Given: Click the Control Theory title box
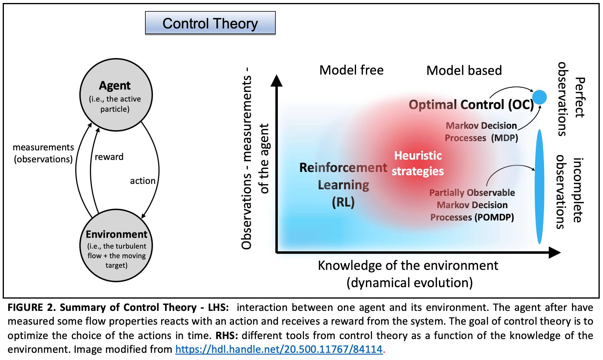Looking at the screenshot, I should [x=210, y=23].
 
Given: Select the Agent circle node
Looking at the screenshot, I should [x=116, y=95].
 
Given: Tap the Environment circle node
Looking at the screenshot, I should [x=116, y=246].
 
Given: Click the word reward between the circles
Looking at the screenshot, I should [x=109, y=157].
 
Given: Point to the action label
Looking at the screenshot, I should [x=143, y=181].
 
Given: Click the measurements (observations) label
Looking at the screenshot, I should [x=43, y=153].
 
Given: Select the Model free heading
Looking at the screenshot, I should [x=351, y=70].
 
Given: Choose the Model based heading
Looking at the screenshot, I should [x=464, y=71].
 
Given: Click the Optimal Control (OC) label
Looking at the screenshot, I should [x=471, y=105].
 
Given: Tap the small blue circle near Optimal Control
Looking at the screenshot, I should [x=539, y=97].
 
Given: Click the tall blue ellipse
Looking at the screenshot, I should [x=539, y=186].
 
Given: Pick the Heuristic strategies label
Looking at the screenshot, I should [x=418, y=164].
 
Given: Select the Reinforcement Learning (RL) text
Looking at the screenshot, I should [x=343, y=185].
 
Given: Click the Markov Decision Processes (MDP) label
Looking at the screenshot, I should [x=481, y=132].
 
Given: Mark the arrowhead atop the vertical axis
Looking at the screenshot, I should [x=276, y=81].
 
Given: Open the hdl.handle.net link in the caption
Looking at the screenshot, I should [x=279, y=349].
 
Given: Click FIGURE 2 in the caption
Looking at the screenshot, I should [x=31, y=308].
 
